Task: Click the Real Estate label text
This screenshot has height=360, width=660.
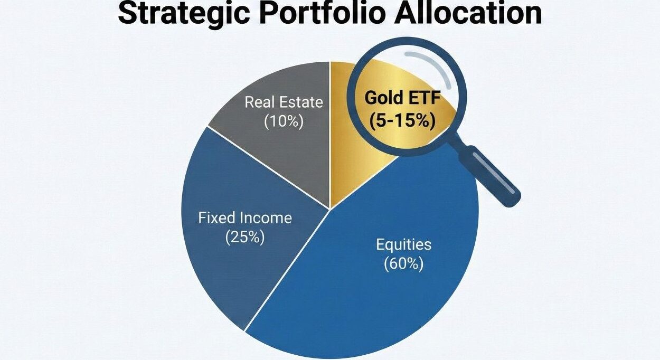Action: pyautogui.click(x=284, y=102)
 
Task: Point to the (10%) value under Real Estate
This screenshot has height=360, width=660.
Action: pyautogui.click(x=284, y=121)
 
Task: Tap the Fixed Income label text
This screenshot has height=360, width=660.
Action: pyautogui.click(x=245, y=217)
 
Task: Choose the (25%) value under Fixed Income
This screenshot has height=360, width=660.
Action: pyautogui.click(x=244, y=237)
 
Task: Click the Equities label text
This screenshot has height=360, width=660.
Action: pyautogui.click(x=403, y=244)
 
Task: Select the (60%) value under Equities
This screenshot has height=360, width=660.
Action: pyautogui.click(x=403, y=263)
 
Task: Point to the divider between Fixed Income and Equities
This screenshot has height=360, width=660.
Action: pyautogui.click(x=288, y=269)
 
